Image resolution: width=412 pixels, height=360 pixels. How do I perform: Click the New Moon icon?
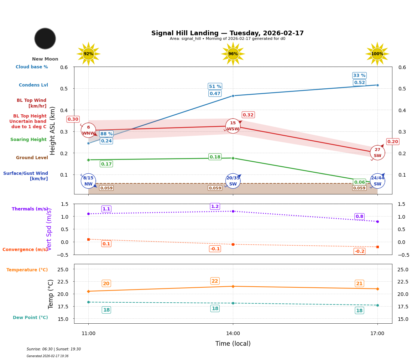tap(45, 38)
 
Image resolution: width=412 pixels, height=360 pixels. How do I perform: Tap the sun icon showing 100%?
tap(377, 54)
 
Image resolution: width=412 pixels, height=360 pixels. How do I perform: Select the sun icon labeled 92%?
tap(88, 54)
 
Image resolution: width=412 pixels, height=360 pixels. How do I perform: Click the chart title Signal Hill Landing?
tap(227, 33)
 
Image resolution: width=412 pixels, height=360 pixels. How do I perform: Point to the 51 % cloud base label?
tap(215, 87)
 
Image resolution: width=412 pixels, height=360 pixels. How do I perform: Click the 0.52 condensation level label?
tap(359, 83)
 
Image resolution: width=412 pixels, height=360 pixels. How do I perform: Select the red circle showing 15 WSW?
tap(233, 126)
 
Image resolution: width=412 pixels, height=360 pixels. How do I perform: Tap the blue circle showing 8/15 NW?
tap(88, 181)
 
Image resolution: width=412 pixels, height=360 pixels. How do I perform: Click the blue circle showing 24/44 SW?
tap(377, 181)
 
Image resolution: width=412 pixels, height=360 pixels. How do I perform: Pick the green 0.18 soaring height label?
tap(215, 157)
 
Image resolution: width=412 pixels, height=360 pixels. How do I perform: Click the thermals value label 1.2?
tap(215, 207)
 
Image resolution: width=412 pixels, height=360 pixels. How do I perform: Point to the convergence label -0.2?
tap(359, 251)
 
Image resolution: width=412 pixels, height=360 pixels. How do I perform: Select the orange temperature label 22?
tap(215, 281)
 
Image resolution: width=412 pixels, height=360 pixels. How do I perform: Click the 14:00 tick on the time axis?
tap(233, 334)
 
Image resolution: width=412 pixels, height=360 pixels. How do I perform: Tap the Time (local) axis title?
tap(233, 344)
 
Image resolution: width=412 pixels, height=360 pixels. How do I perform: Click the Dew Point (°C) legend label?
tap(30, 318)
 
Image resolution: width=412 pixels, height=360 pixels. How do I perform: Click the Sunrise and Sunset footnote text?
tap(54, 349)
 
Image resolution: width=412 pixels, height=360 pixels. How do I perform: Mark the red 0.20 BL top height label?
tap(392, 142)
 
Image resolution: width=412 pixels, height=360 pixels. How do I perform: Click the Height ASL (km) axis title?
tap(53, 130)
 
